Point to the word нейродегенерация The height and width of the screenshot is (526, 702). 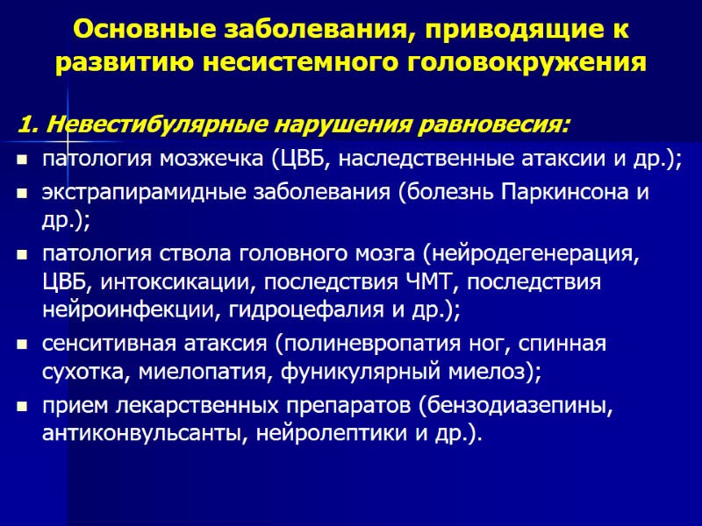coord(530,255)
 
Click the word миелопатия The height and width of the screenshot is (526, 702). coord(204,373)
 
